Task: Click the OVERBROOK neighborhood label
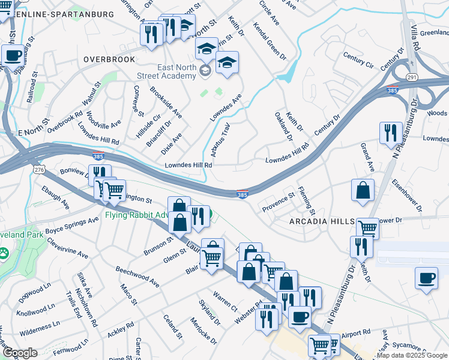tap(110, 59)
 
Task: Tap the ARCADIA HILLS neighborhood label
tap(322, 221)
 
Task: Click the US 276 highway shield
tap(39, 170)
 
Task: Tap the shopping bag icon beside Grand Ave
tap(363, 191)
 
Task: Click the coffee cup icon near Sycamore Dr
tap(426, 278)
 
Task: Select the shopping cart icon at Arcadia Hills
tap(367, 227)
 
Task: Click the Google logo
tap(19, 353)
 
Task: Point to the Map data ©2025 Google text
tap(412, 355)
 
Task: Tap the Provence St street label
tap(278, 201)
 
